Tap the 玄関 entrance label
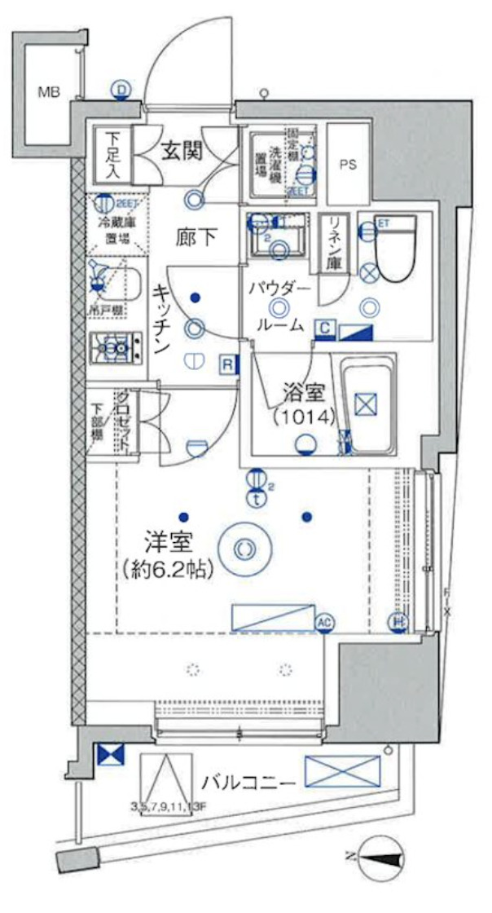[x=181, y=151]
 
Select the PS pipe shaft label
[x=348, y=164]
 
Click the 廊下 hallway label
[x=196, y=237]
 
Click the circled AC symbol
[x=324, y=624]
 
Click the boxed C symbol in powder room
[x=324, y=329]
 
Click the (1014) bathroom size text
[x=303, y=417]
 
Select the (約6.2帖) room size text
[x=169, y=569]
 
